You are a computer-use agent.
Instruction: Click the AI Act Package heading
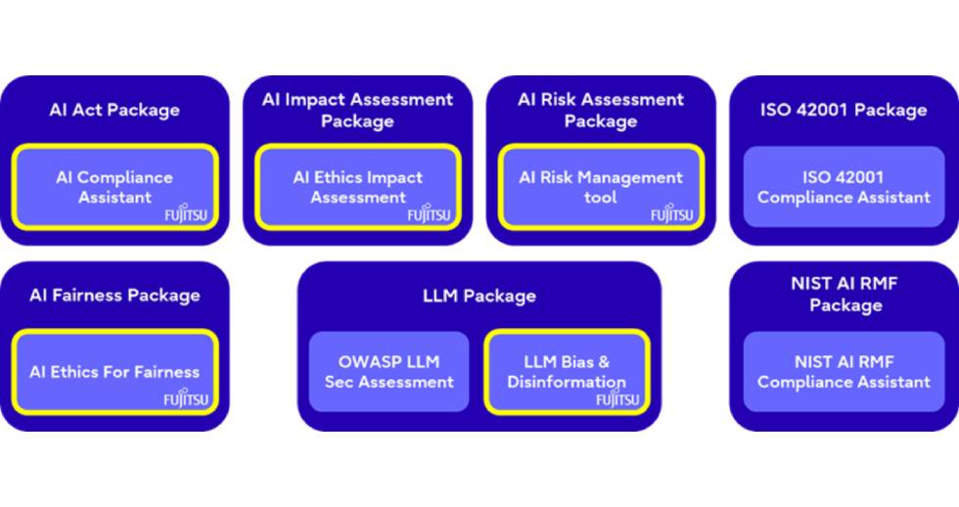point(114,110)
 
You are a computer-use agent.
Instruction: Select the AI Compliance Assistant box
point(115,187)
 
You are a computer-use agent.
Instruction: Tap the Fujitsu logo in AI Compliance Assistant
point(186,213)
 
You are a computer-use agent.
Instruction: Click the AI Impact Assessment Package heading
point(358,110)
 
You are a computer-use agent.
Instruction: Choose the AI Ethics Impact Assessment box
point(358,187)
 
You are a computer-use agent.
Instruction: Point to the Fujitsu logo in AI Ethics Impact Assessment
point(429,213)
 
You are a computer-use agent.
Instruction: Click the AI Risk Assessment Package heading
point(601,110)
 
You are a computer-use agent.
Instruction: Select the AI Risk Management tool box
point(601,187)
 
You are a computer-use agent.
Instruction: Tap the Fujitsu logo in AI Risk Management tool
point(671,213)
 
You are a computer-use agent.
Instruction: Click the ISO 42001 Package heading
point(844,110)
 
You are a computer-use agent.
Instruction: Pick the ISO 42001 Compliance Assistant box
point(844,187)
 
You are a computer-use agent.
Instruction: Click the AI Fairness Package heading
point(114,296)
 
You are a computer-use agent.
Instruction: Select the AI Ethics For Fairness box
point(115,372)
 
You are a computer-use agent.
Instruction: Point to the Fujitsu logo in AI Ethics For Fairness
point(186,398)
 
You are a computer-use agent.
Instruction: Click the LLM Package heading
point(479,296)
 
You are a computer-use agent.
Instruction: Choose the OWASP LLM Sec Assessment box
point(389,372)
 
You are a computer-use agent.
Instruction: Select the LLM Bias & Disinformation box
point(567,372)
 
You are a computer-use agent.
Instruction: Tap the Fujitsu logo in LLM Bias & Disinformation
point(617,398)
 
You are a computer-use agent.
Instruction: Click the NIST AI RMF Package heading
point(844,295)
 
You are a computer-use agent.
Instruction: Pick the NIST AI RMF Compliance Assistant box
point(844,372)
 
